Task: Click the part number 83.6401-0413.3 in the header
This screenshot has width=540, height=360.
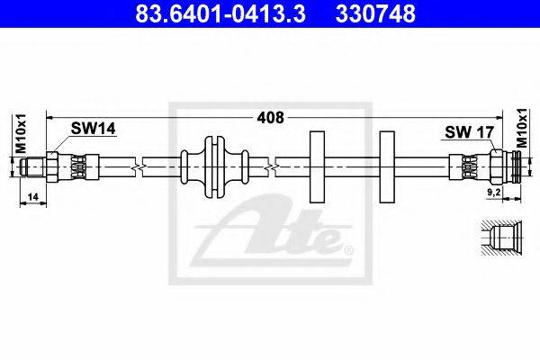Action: (220, 13)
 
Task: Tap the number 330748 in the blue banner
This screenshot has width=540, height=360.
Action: (375, 13)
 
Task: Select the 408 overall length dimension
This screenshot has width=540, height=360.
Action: (270, 118)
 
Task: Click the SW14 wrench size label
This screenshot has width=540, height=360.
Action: (93, 129)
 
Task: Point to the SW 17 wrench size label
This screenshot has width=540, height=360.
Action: (470, 132)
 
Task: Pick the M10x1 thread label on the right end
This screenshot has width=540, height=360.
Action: (521, 128)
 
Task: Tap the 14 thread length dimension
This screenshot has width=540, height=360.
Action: (32, 197)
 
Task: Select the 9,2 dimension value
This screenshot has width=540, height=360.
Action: (493, 193)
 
